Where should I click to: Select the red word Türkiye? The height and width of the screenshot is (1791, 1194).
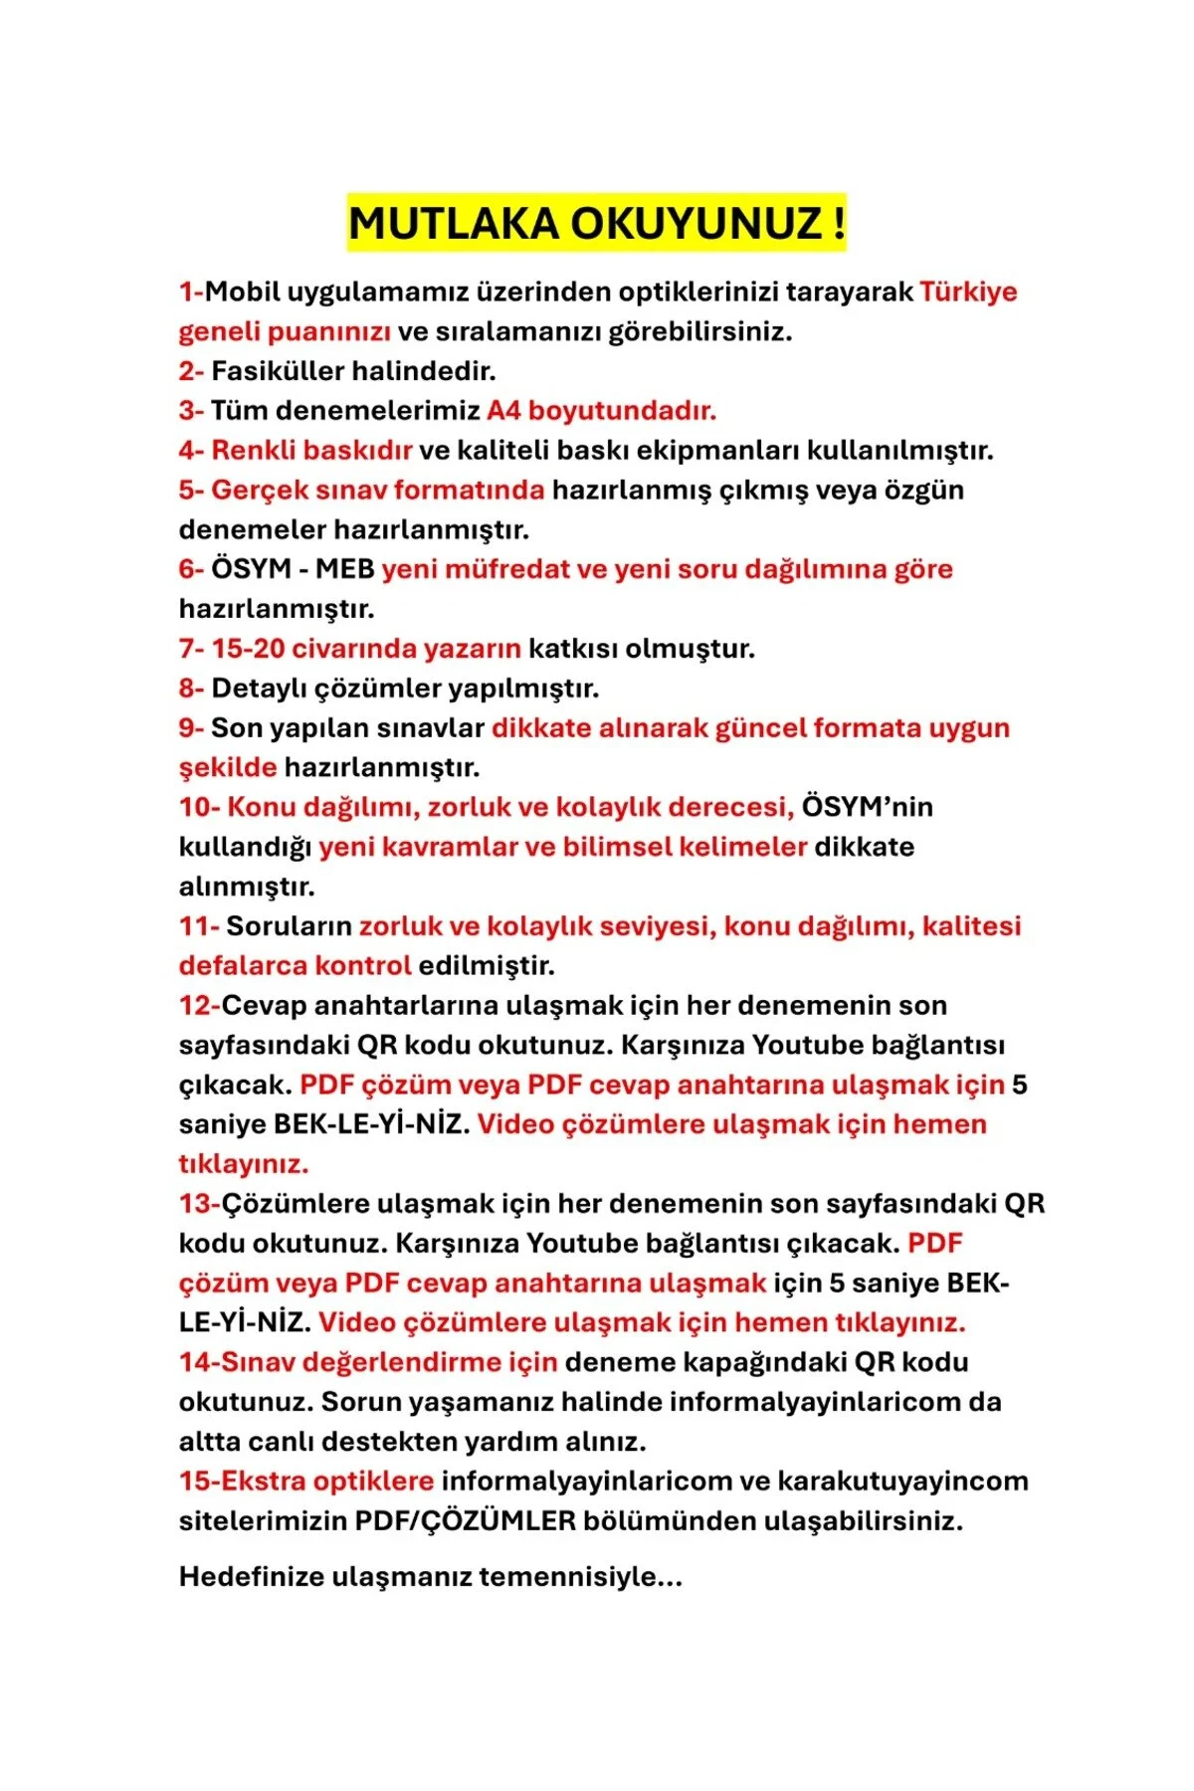968,292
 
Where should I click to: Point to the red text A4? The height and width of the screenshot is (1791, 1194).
503,411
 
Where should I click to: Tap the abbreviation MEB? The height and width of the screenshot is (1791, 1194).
344,569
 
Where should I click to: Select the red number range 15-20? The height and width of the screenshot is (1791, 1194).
248,649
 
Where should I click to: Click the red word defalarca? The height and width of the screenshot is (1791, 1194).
243,965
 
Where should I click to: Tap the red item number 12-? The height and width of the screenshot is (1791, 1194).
199,1005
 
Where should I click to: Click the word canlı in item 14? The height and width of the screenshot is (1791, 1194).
280,1441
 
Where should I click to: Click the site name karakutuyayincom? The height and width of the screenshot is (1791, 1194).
902,1481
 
